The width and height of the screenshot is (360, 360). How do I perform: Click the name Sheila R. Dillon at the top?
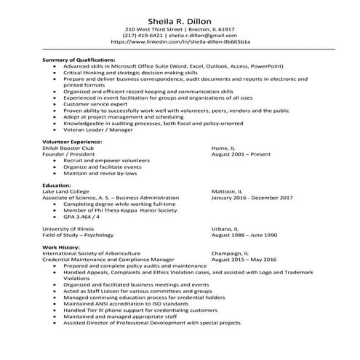[180, 14]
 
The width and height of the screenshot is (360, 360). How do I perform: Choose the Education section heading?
[57, 185]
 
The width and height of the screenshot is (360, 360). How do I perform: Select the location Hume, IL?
[223, 147]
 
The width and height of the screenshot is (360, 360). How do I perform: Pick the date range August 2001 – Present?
[239, 154]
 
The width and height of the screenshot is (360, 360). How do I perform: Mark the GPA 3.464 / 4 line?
[81, 217]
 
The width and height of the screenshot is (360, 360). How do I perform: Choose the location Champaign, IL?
[231, 253]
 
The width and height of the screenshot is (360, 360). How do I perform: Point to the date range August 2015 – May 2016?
[244, 260]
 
